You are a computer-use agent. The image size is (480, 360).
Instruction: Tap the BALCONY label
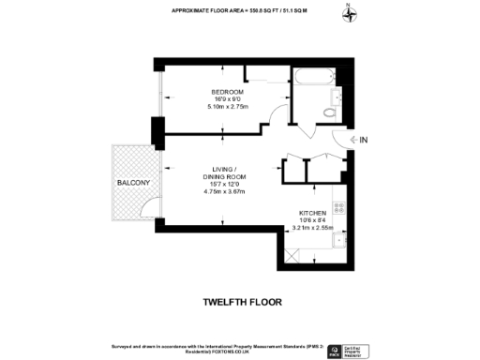(134, 182)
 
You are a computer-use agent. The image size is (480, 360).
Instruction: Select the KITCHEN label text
(312, 213)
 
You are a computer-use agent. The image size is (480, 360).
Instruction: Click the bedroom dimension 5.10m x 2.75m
(226, 106)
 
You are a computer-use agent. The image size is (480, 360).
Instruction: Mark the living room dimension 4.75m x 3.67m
(225, 191)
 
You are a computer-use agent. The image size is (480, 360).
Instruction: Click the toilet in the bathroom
(329, 112)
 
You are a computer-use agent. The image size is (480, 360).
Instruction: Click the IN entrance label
(365, 142)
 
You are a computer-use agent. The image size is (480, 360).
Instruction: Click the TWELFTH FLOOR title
(241, 303)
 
